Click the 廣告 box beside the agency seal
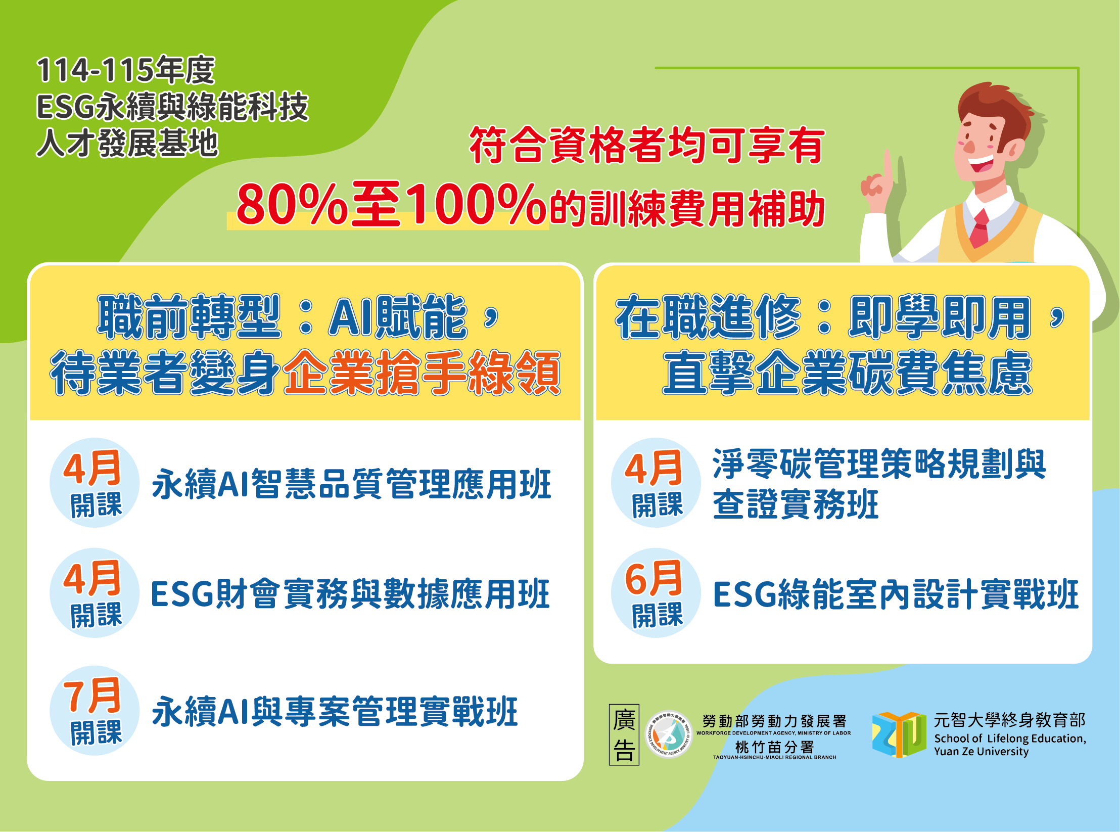pyautogui.click(x=624, y=735)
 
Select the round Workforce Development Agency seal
pyautogui.click(x=669, y=734)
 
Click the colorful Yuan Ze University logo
pyautogui.click(x=899, y=734)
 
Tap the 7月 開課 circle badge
pyautogui.click(x=95, y=711)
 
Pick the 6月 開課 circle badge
pyautogui.click(x=656, y=593)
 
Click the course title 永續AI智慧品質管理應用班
pyautogui.click(x=352, y=484)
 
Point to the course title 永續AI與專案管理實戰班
pyautogui.click(x=335, y=712)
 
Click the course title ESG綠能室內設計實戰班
pyautogui.click(x=896, y=594)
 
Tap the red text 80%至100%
pyautogui.click(x=391, y=204)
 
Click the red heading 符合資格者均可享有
pyautogui.click(x=647, y=145)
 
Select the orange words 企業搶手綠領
pyautogui.click(x=422, y=373)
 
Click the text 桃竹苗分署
pyautogui.click(x=775, y=747)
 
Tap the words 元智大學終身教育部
pyautogui.click(x=1010, y=720)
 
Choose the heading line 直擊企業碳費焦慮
pyautogui.click(x=848, y=374)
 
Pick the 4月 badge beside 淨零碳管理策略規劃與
pyautogui.click(x=656, y=483)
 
